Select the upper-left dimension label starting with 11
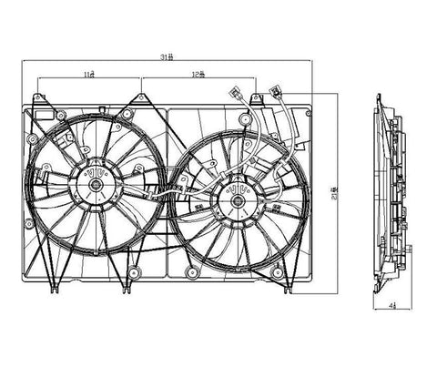pos(88,74)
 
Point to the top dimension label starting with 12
pos(198,74)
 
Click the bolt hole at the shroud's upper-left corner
pos(33,139)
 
